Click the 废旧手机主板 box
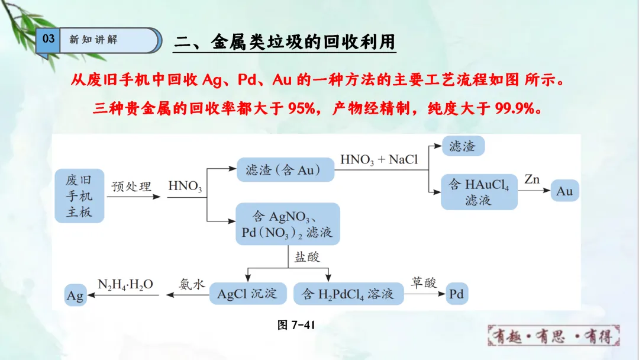tap(79, 196)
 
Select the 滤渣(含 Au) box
tap(285, 170)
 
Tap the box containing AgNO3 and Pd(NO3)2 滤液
tap(288, 224)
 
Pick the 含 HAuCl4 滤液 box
tap(479, 192)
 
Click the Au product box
tap(564, 191)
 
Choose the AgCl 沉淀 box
tap(247, 294)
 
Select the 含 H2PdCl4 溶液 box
tap(348, 294)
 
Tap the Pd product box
tap(456, 294)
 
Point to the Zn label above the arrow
tap(531, 179)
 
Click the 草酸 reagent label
tap(423, 282)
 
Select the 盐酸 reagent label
tap(306, 256)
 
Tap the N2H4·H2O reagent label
tap(125, 284)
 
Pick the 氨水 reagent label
tap(192, 284)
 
